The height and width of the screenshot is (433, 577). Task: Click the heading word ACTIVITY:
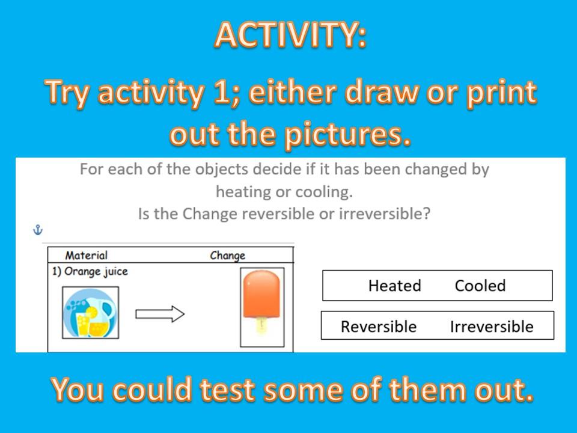click(290, 34)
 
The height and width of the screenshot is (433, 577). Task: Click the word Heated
click(395, 286)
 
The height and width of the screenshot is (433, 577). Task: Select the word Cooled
click(480, 286)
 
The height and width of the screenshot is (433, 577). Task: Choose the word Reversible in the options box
click(379, 327)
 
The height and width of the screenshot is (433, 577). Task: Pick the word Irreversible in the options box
click(492, 327)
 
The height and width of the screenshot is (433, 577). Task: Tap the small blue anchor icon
click(38, 230)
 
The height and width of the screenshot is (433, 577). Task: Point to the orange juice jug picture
click(91, 313)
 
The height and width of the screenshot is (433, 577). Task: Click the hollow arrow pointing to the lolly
click(160, 314)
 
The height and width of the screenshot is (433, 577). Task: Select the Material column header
click(86, 255)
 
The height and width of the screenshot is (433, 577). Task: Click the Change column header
click(227, 256)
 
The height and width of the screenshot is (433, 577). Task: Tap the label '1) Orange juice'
click(90, 271)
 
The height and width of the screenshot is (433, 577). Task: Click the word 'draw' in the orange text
click(381, 92)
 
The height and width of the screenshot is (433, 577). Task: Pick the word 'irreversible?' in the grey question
click(385, 213)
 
